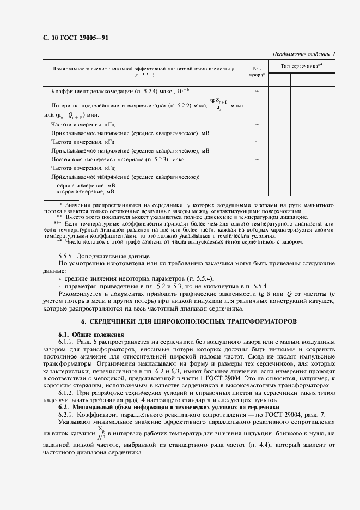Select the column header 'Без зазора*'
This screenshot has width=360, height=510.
click(x=257, y=71)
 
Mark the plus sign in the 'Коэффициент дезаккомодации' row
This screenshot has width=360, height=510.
click(x=257, y=92)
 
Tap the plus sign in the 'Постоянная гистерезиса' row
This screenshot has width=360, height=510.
click(x=257, y=159)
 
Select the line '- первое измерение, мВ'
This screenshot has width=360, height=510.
click(x=82, y=186)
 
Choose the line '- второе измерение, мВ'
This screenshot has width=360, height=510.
click(x=82, y=192)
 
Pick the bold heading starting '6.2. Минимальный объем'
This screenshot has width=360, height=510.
click(x=168, y=407)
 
